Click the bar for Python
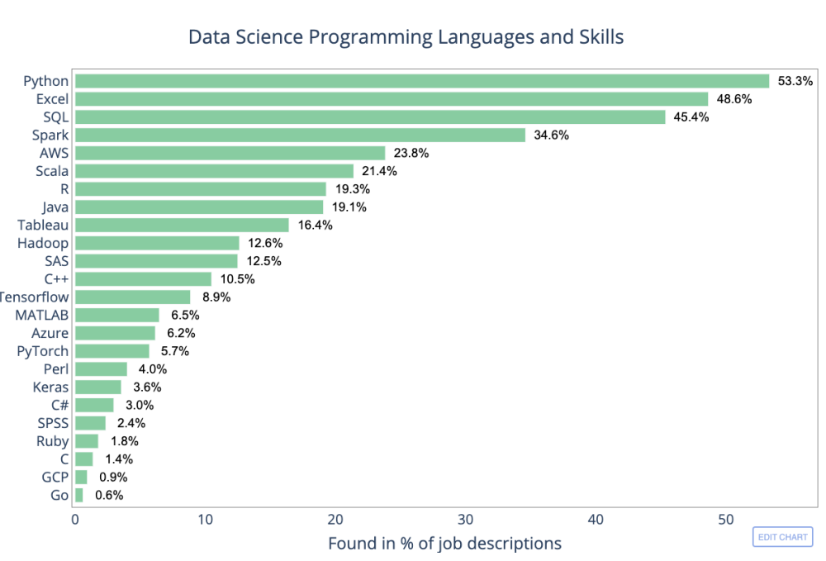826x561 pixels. pyautogui.click(x=421, y=81)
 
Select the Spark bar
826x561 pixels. pyautogui.click(x=300, y=135)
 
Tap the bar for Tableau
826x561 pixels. pyautogui.click(x=182, y=225)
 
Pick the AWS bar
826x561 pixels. pyautogui.click(x=230, y=153)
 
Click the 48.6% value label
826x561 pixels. pyautogui.click(x=734, y=99)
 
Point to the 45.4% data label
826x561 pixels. pyautogui.click(x=691, y=117)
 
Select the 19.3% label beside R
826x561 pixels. pyautogui.click(x=352, y=189)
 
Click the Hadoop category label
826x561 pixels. pyautogui.click(x=43, y=243)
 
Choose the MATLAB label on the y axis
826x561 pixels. pyautogui.click(x=41, y=315)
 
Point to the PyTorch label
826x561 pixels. pyautogui.click(x=43, y=351)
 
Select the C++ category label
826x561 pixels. pyautogui.click(x=56, y=279)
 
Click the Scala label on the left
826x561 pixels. pyautogui.click(x=51, y=171)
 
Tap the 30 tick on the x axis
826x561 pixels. pyautogui.click(x=466, y=520)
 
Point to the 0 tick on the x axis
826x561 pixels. pyautogui.click(x=75, y=520)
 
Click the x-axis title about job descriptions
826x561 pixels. pyautogui.click(x=444, y=543)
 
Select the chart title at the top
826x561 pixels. pyautogui.click(x=406, y=37)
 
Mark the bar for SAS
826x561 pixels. pyautogui.click(x=156, y=261)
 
